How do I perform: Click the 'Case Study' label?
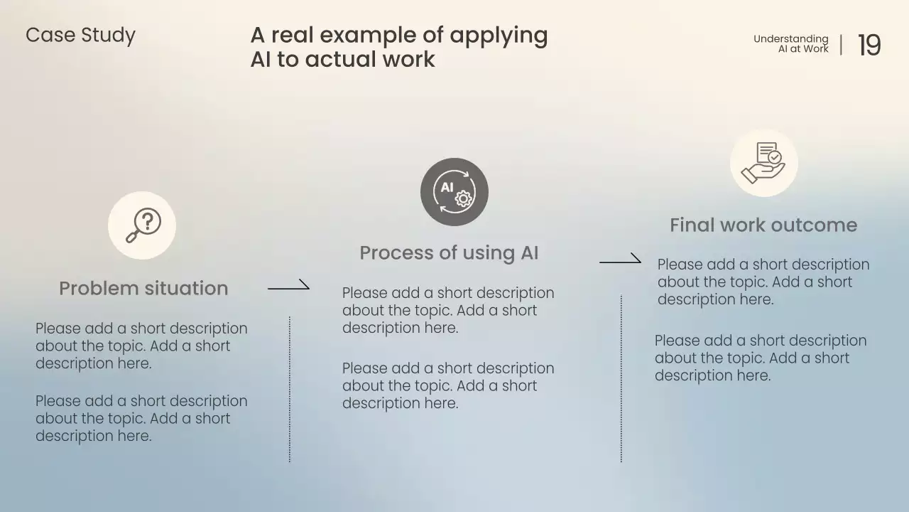pos(80,36)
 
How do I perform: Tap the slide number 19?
pos(869,46)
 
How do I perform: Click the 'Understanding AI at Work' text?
pos(791,44)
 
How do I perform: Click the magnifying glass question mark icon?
pos(142,225)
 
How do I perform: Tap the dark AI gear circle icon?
pos(454,192)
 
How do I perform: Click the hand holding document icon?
pos(764,163)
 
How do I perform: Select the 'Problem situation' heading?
pos(143,288)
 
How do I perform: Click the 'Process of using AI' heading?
pos(449,252)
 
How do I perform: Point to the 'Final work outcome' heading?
pos(763,225)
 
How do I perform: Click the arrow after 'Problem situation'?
pos(288,287)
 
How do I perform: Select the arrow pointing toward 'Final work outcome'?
pos(620,260)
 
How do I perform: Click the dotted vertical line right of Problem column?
pos(290,390)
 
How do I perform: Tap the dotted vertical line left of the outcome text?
pos(621,379)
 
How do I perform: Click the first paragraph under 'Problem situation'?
pos(141,346)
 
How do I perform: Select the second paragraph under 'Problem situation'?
pos(141,419)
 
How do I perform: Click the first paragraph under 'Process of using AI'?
pos(447,311)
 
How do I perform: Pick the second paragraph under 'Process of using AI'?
pos(447,386)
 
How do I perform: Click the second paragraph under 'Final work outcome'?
pos(760,358)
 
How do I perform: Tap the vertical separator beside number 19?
pos(842,45)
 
